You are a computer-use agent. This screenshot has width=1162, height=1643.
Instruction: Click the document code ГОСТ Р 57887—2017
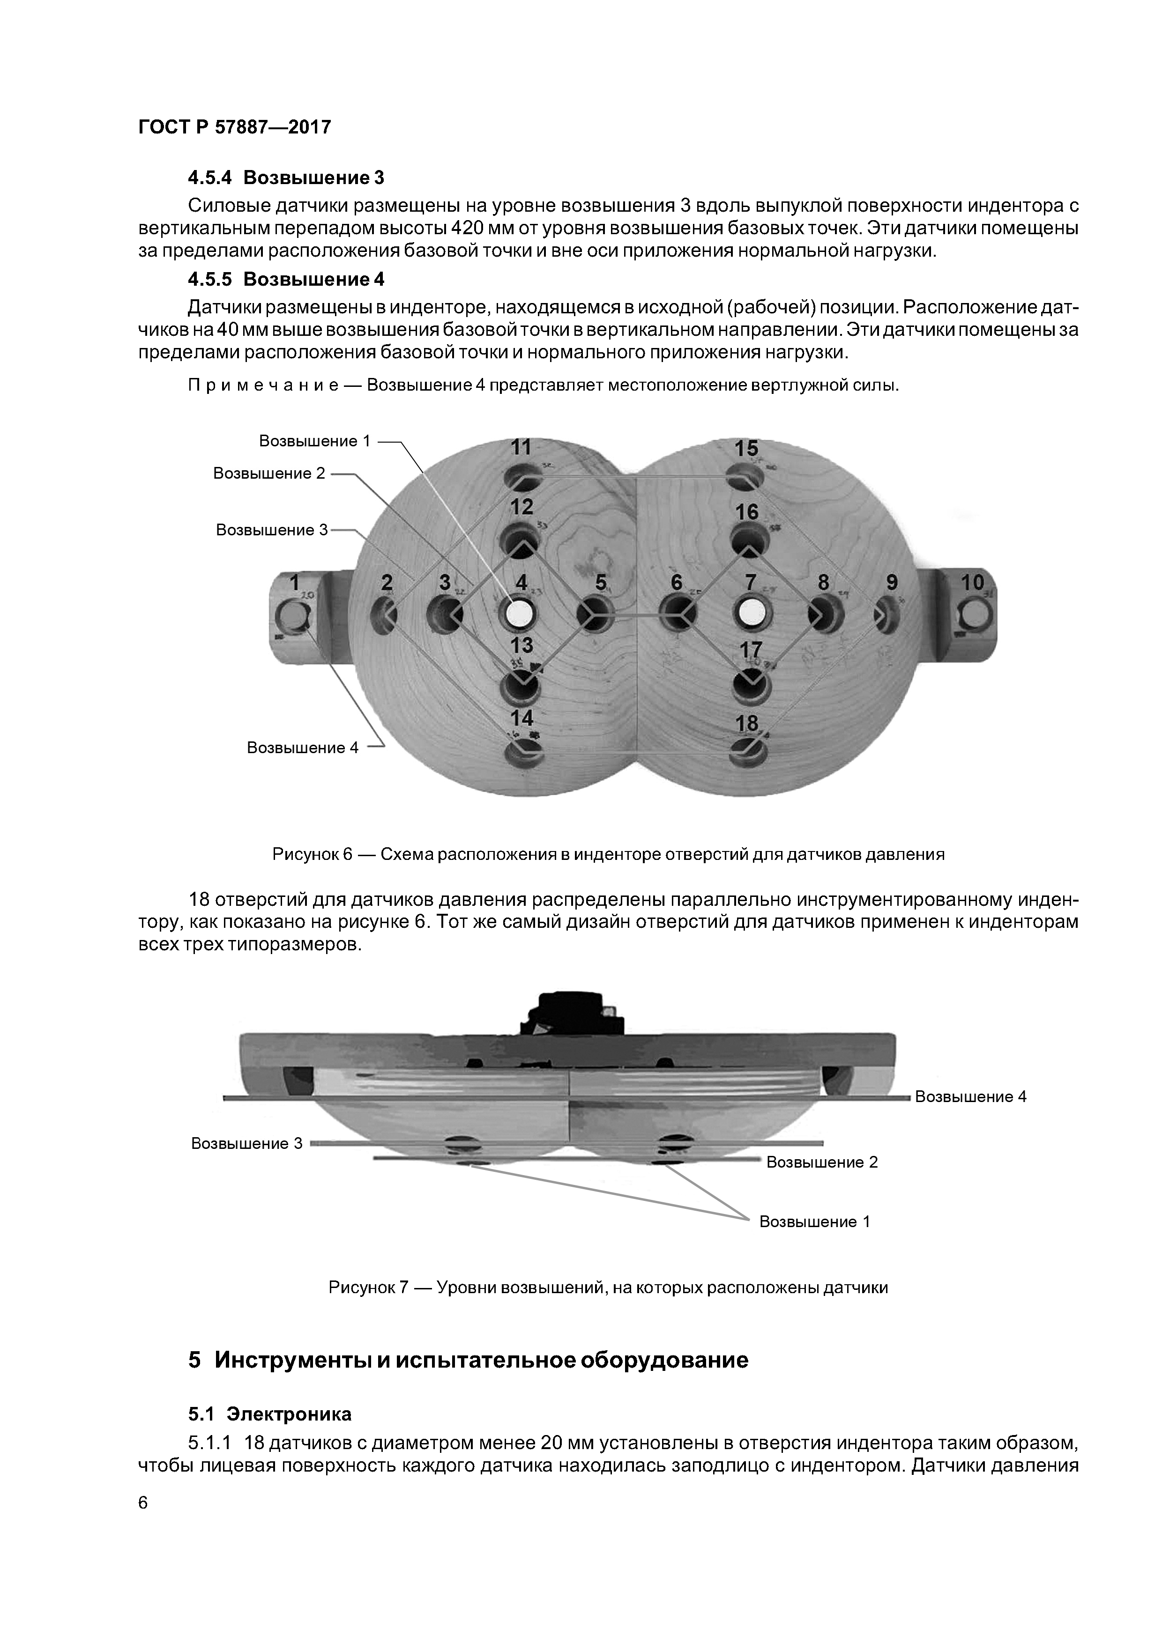coord(234,127)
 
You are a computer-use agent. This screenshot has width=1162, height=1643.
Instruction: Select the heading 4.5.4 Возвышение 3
coord(286,177)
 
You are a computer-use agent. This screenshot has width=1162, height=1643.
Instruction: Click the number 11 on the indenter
coord(521,448)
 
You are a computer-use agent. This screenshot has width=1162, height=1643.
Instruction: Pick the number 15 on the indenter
coord(746,449)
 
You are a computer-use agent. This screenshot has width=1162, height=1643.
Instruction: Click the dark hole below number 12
coord(521,538)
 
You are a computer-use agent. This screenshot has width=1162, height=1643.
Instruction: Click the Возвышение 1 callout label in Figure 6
coord(315,441)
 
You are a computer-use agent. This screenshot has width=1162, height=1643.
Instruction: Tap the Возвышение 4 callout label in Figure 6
coord(302,748)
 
